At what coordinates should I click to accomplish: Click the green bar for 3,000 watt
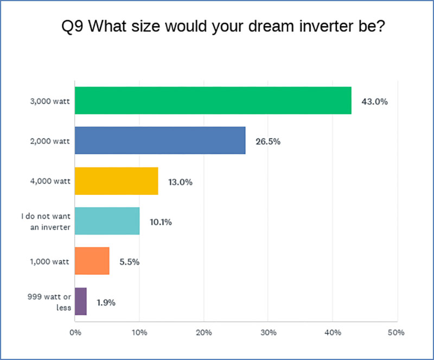click(x=213, y=100)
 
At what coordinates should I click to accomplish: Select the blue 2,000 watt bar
click(x=160, y=141)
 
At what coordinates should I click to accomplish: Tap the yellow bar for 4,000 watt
click(x=117, y=181)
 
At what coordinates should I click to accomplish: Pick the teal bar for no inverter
click(x=107, y=221)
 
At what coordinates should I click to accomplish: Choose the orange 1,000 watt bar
click(x=92, y=261)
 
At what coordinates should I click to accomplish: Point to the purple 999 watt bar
click(x=80, y=301)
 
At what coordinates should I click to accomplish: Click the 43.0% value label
click(x=374, y=102)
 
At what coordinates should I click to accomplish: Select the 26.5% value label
click(x=268, y=142)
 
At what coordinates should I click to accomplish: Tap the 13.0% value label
click(x=180, y=182)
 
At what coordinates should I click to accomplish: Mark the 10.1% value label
click(x=161, y=222)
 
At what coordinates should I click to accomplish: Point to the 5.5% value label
click(x=129, y=262)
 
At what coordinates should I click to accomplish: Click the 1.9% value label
click(x=106, y=302)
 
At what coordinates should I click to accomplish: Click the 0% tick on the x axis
click(x=75, y=332)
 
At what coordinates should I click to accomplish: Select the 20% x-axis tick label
click(x=204, y=332)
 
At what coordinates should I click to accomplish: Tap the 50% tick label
click(x=396, y=332)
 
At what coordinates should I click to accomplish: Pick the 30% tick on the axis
click(x=268, y=332)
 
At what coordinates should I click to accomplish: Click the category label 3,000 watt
click(x=50, y=102)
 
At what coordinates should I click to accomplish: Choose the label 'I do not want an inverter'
click(x=46, y=222)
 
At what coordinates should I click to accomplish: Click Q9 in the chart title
click(x=72, y=27)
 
